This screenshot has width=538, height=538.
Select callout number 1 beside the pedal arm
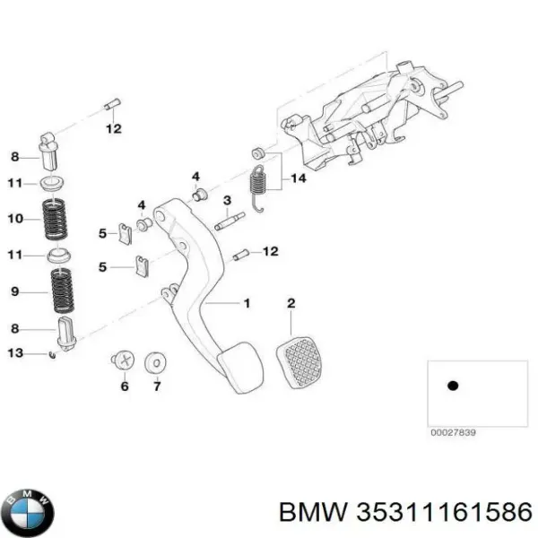(x=247, y=303)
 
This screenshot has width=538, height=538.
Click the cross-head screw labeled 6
(x=124, y=361)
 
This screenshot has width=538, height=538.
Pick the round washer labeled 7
(x=158, y=362)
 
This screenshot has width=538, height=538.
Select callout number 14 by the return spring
(x=299, y=180)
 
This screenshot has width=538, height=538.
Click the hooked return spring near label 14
(x=260, y=185)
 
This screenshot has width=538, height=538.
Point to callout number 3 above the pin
(x=228, y=200)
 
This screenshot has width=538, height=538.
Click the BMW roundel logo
(x=27, y=512)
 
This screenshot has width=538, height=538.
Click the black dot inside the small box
(x=453, y=385)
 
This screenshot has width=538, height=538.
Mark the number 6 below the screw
(x=124, y=386)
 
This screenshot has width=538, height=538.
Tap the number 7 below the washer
(x=157, y=386)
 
